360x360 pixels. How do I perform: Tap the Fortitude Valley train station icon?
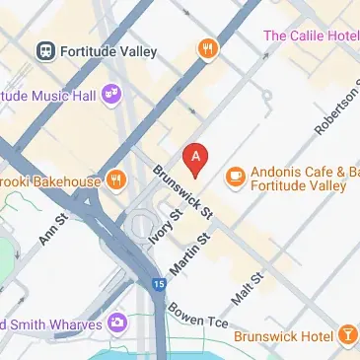coord(45,49)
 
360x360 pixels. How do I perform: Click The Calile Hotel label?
coord(310,36)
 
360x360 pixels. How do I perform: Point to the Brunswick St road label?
coord(183,191)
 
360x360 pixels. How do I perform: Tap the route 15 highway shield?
coord(159,285)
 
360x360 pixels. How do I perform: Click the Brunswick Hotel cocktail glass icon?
coord(347,336)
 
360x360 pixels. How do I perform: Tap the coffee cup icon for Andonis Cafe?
coord(235,177)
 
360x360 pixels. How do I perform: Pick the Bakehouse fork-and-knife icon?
coord(116,180)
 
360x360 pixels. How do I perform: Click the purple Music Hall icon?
coord(113,94)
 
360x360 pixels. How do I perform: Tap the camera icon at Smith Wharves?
coord(117,322)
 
